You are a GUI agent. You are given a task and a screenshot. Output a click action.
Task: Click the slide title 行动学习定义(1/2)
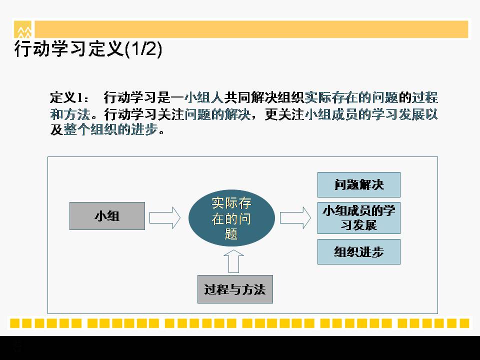pyautogui.click(x=88, y=48)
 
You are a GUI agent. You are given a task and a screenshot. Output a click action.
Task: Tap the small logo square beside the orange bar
pyautogui.click(x=22, y=29)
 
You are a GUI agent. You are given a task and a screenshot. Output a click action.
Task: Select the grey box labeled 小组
pyautogui.click(x=107, y=216)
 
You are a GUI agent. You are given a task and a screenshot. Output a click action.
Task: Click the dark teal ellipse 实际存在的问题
pyautogui.click(x=231, y=218)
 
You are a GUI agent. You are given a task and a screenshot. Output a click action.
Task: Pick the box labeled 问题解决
pyautogui.click(x=359, y=184)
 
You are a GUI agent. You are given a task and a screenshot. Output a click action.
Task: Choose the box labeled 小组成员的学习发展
pyautogui.click(x=359, y=217)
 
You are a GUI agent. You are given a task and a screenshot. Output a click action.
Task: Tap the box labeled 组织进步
pyautogui.click(x=359, y=251)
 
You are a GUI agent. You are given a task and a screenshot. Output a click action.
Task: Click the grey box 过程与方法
pyautogui.click(x=235, y=289)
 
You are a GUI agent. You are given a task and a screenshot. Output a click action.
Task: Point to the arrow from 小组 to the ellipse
pyautogui.click(x=165, y=217)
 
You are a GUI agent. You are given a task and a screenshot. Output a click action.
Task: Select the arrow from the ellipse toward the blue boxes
pyautogui.click(x=295, y=217)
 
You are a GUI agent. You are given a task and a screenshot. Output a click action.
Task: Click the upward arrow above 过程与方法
pyautogui.click(x=233, y=261)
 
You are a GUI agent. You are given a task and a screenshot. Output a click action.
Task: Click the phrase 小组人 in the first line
pyautogui.click(x=204, y=97)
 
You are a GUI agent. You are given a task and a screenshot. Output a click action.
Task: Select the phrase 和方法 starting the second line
pyautogui.click(x=70, y=114)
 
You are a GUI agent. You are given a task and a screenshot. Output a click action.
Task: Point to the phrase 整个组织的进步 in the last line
pyautogui.click(x=110, y=129)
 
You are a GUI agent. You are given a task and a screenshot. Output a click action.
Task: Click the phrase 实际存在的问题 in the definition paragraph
pyautogui.click(x=351, y=97)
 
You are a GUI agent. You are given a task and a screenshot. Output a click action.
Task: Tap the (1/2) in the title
pyautogui.click(x=143, y=49)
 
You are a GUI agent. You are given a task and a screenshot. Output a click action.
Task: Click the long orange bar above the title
pyautogui.click(x=251, y=29)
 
